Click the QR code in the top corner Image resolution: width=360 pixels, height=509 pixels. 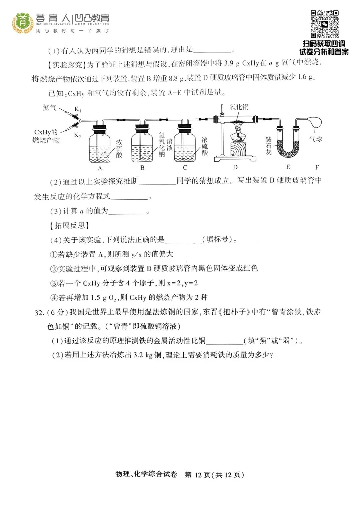[x=325, y=24]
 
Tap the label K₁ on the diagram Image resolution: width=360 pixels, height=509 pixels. [x=78, y=109]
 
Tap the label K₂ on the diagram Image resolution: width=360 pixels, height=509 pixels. [x=77, y=135]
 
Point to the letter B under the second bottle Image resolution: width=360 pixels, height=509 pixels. [x=142, y=168]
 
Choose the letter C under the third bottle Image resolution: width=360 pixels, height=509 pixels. [x=185, y=168]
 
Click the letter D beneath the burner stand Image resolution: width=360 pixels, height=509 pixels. [x=235, y=167]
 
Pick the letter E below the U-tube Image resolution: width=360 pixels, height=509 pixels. [x=288, y=167]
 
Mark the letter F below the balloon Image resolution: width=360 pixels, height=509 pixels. [x=317, y=167]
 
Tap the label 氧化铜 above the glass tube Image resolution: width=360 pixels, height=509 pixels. [x=239, y=107]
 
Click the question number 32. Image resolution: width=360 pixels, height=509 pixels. [x=39, y=312]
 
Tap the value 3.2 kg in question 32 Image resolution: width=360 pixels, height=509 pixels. [x=143, y=355]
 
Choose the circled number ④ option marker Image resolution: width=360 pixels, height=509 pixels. [x=54, y=297]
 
